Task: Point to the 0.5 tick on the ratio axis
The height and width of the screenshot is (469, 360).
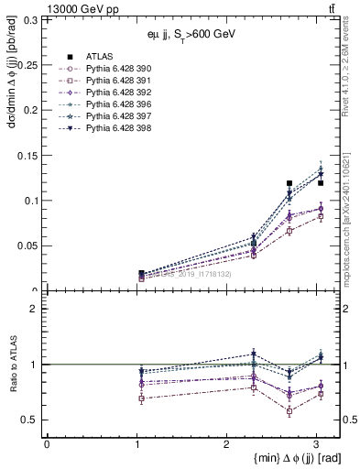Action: point(31,420)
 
